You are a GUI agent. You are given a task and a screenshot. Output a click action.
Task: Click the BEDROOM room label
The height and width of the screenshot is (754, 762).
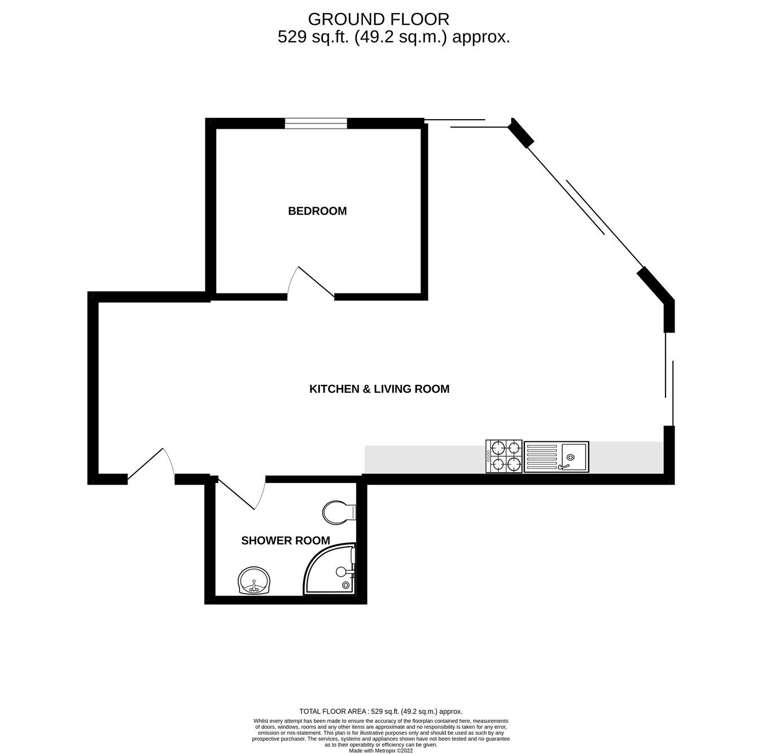click(317, 211)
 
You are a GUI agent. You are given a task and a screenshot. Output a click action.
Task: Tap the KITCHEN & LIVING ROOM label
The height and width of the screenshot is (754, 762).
click(379, 389)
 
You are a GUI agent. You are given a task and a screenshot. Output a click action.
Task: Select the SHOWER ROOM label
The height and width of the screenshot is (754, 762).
click(286, 541)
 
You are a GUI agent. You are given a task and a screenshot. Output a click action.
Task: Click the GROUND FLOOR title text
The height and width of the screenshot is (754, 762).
click(378, 19)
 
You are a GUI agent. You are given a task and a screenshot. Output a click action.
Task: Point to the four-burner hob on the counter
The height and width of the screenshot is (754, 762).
click(503, 456)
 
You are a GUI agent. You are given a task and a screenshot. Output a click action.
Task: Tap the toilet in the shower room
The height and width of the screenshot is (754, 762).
click(339, 512)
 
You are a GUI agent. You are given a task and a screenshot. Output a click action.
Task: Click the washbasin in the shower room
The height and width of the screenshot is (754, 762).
click(255, 581)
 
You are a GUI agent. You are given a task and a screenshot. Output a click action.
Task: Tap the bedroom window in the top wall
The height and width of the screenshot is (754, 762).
click(316, 123)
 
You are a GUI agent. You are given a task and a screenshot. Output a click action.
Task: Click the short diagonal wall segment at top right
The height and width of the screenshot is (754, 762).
click(521, 133)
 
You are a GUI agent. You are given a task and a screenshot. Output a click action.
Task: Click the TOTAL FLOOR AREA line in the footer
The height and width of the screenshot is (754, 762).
click(380, 712)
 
